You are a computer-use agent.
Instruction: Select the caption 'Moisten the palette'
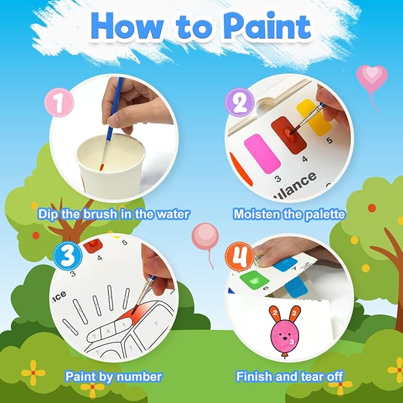[290, 213]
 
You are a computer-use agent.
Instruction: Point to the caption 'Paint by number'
[113, 376]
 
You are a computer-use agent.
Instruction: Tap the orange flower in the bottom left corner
[33, 373]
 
